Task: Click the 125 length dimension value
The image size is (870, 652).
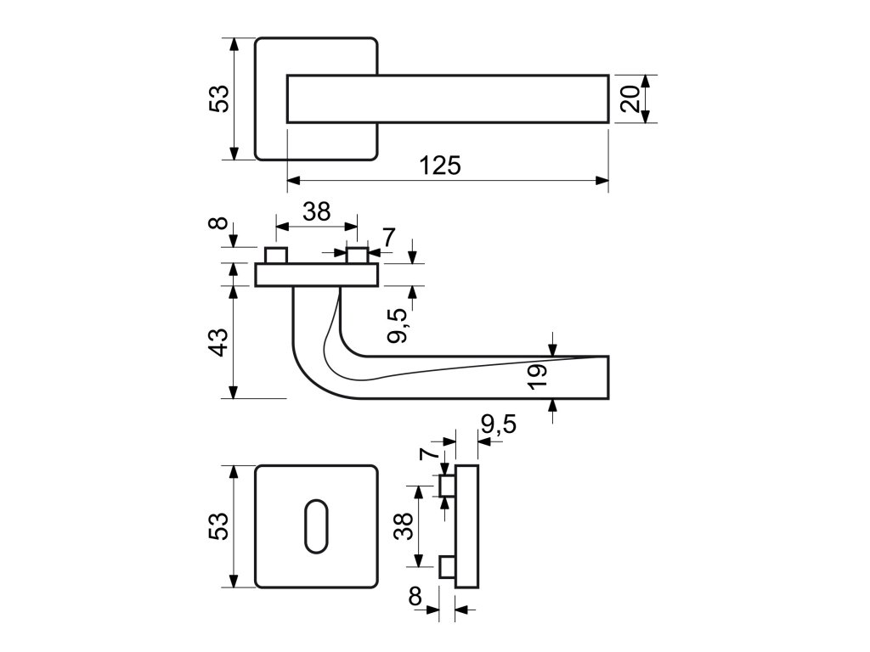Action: coord(440,166)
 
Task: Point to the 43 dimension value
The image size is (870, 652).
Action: coord(219,342)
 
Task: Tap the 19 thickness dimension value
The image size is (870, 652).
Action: coord(537,376)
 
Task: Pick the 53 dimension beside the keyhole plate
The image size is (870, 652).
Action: coord(219,526)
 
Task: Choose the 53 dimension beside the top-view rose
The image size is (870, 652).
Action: coord(219,98)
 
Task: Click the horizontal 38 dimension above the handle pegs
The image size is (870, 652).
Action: coord(317,211)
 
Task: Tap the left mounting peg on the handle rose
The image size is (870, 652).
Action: coord(276,256)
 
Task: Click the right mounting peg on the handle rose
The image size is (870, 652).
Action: coord(358,256)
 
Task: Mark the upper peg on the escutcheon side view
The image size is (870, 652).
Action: coord(447,486)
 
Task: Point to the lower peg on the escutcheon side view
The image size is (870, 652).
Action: coord(447,568)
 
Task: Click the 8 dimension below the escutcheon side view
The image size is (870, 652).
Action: coord(415,597)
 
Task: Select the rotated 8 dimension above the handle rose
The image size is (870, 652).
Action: coord(219,223)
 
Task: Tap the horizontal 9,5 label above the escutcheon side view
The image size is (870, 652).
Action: coord(498,424)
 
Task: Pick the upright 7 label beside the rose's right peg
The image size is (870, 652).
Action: coord(389,238)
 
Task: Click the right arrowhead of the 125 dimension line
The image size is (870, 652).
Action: coord(602,180)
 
